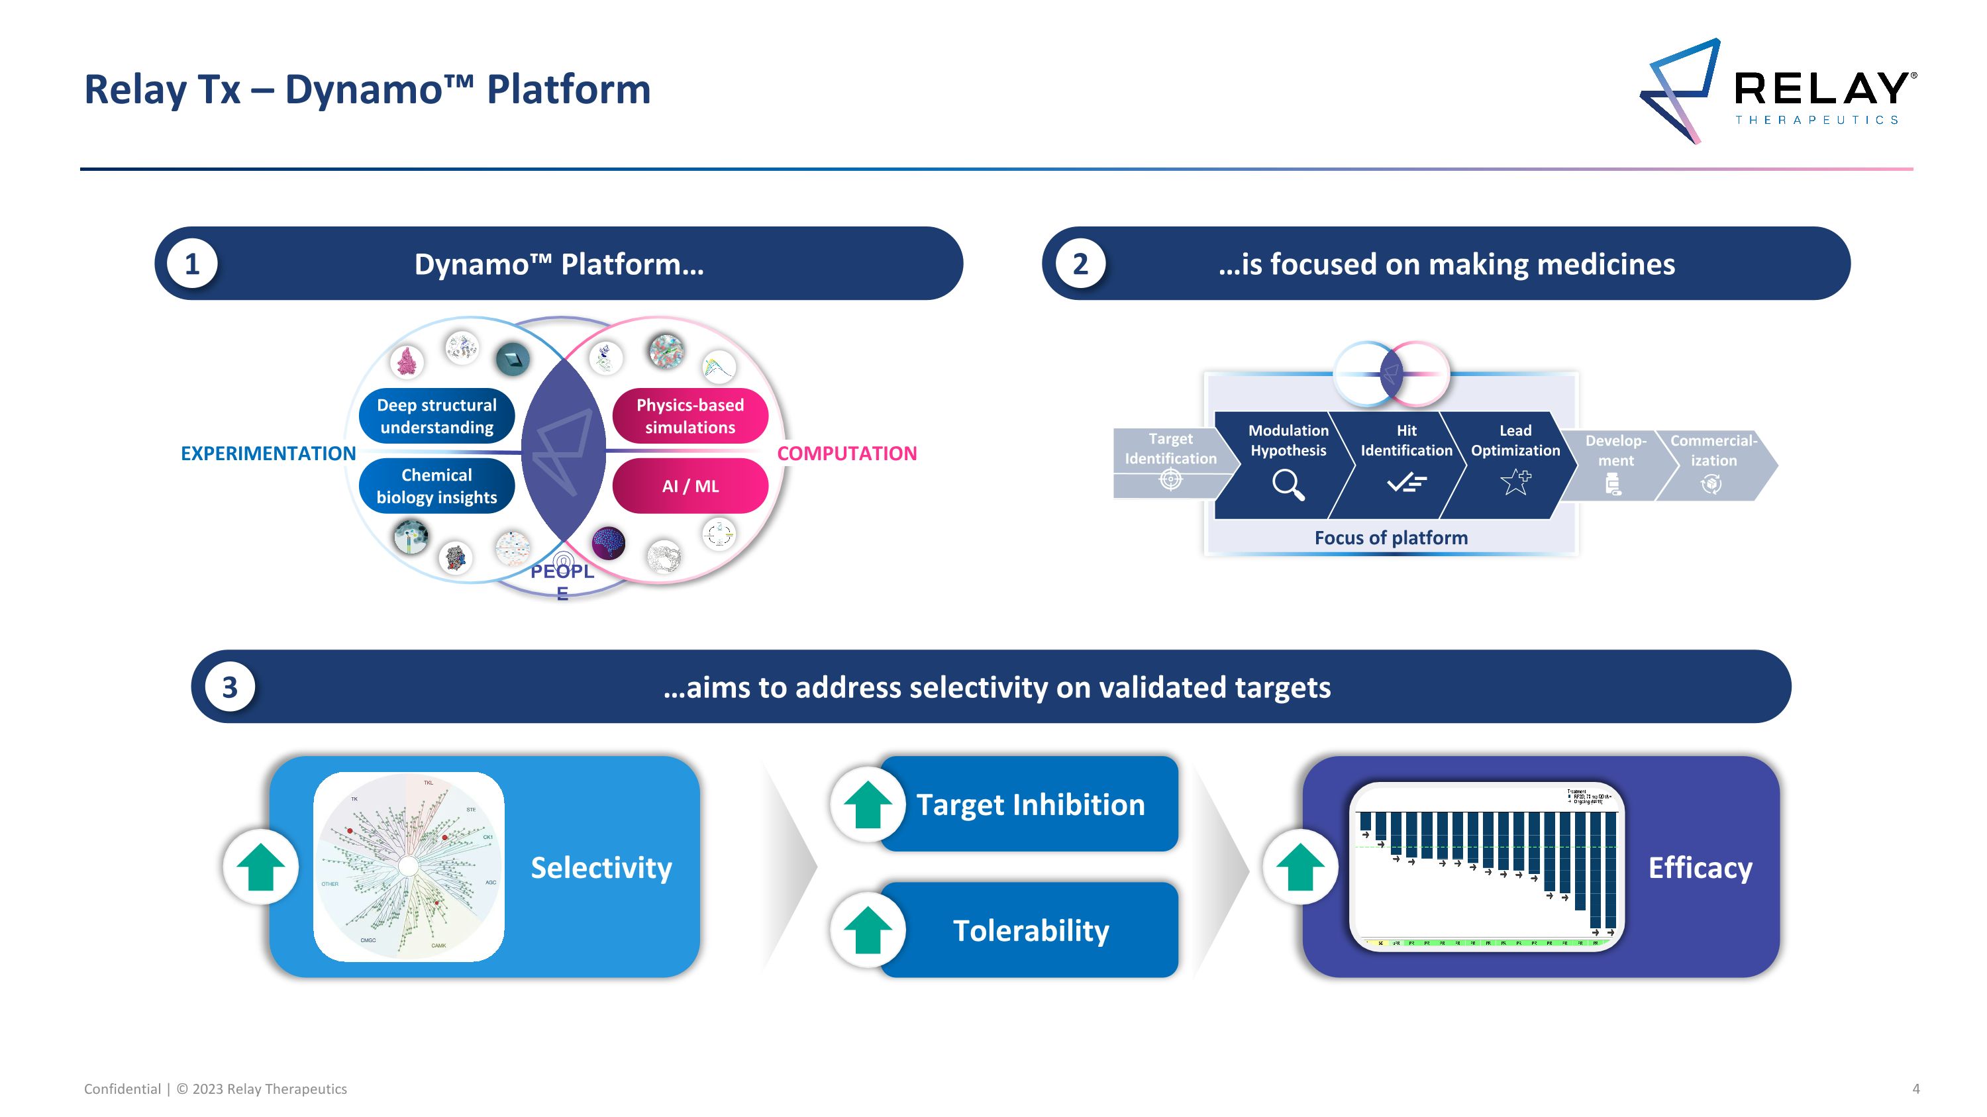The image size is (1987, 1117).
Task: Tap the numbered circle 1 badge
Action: point(192,264)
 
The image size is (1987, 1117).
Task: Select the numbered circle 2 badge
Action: point(1080,264)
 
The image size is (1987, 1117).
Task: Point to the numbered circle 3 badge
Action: point(229,687)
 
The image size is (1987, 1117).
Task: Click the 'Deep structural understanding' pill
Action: point(436,416)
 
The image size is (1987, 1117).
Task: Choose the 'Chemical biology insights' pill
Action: point(436,485)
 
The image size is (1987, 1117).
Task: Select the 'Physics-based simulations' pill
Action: point(689,416)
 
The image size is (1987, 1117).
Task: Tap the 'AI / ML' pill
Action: point(689,485)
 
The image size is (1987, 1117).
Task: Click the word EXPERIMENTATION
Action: point(268,454)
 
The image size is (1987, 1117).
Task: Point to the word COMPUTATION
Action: point(846,454)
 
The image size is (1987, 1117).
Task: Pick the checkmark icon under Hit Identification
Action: point(1406,483)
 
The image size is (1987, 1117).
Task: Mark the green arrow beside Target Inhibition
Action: point(868,804)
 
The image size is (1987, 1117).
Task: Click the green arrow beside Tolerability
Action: point(868,930)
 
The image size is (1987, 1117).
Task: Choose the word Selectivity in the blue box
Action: point(601,868)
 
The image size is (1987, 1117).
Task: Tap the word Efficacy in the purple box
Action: point(1700,868)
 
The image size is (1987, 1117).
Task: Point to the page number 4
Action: point(1916,1089)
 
